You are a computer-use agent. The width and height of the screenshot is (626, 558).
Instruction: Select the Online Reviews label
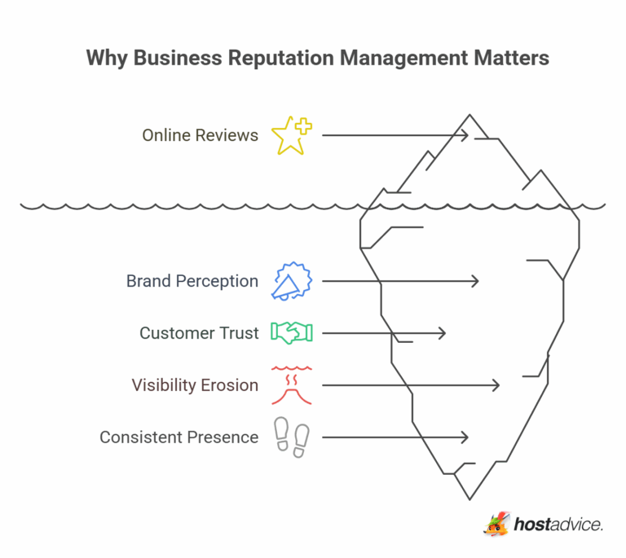(x=200, y=135)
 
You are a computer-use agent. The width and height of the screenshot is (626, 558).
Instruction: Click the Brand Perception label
(x=192, y=281)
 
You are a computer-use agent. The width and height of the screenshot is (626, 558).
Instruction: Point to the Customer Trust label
(x=199, y=332)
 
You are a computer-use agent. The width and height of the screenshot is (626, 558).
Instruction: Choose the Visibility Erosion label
(x=195, y=384)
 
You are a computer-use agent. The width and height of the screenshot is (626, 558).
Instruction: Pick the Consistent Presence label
(x=179, y=437)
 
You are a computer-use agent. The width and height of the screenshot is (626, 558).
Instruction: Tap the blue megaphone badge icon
(x=292, y=282)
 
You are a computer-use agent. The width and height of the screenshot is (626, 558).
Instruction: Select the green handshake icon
(x=292, y=332)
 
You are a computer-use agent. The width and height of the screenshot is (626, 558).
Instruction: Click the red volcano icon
(x=292, y=384)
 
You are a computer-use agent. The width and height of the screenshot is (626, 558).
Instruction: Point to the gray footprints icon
(x=291, y=437)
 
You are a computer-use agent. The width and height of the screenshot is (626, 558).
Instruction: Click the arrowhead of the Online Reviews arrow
(x=465, y=135)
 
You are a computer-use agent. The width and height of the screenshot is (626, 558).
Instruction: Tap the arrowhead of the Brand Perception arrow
(x=475, y=281)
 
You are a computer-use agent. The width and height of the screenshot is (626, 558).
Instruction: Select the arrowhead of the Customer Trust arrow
(x=443, y=332)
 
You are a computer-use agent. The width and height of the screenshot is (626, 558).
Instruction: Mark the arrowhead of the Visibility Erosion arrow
(x=496, y=384)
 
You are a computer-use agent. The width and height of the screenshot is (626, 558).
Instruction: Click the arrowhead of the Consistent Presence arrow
(x=465, y=437)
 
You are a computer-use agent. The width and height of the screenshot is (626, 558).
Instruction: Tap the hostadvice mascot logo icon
(x=496, y=524)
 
